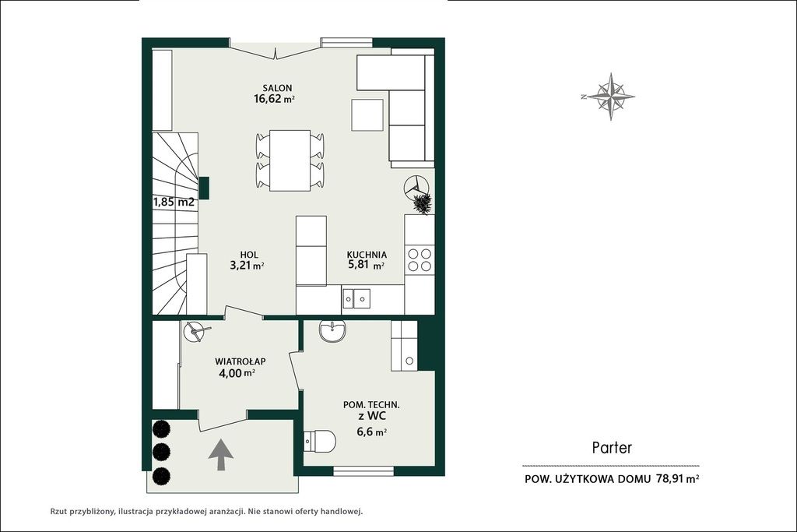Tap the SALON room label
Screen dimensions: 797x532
coord(277,89)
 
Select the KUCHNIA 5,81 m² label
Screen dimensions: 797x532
coord(367,259)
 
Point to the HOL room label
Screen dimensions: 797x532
coord(249,255)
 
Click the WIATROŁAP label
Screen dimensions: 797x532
coord(240,361)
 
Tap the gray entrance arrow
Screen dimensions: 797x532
coord(221,455)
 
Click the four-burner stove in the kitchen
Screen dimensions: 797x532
coord(420,259)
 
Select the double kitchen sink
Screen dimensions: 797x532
coord(356,298)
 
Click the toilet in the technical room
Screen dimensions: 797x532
coord(319,441)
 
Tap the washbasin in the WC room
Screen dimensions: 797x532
coord(333,331)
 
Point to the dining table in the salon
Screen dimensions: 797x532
coord(290,160)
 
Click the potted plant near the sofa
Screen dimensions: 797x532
coord(422,203)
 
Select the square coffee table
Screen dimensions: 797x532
coord(367,115)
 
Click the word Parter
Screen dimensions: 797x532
coord(612,448)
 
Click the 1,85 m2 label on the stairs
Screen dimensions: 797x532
coord(174,202)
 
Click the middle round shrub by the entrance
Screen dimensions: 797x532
coord(161,451)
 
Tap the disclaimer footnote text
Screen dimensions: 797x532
coord(205,512)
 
